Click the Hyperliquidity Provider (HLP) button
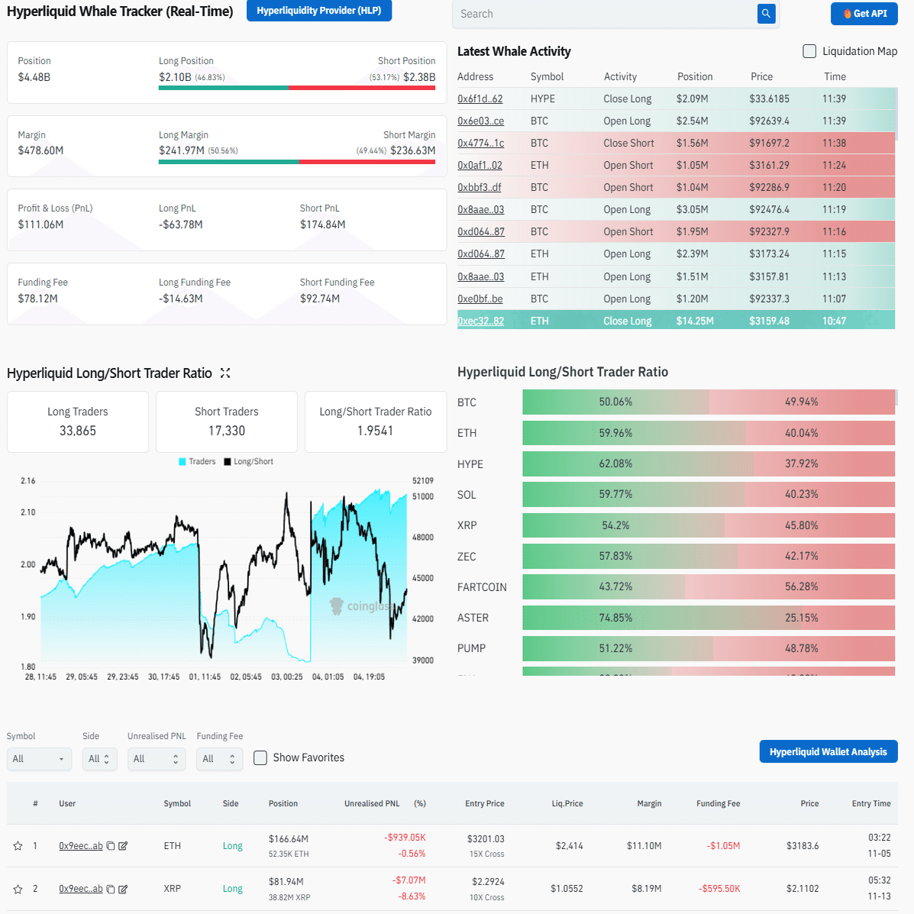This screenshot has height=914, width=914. click(318, 11)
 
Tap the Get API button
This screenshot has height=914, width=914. click(864, 14)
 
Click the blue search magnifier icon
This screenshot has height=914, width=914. click(766, 14)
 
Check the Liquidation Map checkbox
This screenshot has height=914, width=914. click(809, 51)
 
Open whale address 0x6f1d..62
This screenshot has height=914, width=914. click(480, 99)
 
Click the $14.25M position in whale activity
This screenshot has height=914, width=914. click(695, 321)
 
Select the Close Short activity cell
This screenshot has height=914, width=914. click(628, 143)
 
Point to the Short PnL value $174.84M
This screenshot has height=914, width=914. click(322, 224)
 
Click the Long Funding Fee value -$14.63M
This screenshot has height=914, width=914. click(180, 299)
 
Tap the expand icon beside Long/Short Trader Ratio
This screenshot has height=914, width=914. click(225, 373)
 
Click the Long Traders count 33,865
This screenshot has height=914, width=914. click(78, 431)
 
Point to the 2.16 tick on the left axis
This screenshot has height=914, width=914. click(28, 481)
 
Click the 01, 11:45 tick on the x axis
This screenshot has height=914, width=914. click(205, 677)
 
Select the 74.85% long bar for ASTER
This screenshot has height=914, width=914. click(615, 618)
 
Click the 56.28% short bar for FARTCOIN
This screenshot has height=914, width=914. click(801, 586)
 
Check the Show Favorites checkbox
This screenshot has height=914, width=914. click(260, 757)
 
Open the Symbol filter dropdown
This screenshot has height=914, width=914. click(39, 759)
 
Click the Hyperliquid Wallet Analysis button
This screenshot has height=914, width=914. click(828, 752)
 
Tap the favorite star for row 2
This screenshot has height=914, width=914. click(18, 889)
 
